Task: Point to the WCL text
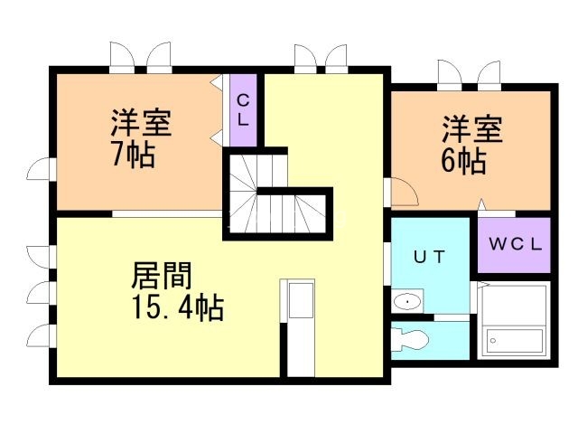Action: [515, 244]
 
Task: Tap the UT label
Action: [430, 257]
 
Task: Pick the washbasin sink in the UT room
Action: [409, 301]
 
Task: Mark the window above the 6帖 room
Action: [468, 72]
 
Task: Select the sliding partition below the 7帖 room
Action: [167, 213]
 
